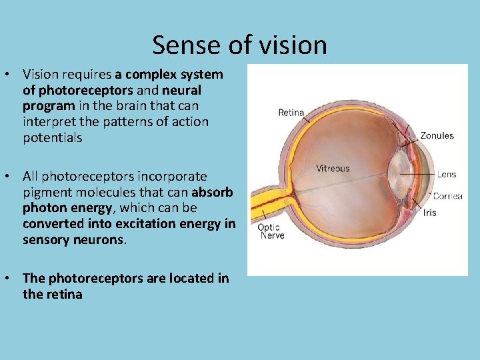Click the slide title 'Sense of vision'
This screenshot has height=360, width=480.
tap(239, 45)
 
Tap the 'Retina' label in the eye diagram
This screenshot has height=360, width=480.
tap(291, 113)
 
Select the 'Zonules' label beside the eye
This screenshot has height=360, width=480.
tap(437, 135)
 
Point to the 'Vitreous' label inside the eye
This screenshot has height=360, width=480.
tap(333, 168)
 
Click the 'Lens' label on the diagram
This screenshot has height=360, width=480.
tap(446, 174)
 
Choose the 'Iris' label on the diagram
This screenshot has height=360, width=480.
tap(429, 213)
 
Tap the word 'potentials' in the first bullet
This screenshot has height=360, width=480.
tap(52, 138)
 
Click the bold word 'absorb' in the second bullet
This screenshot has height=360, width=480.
tap(212, 193)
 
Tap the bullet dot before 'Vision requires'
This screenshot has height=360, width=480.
tap(13, 74)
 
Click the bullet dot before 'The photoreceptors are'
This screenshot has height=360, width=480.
tap(13, 278)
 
